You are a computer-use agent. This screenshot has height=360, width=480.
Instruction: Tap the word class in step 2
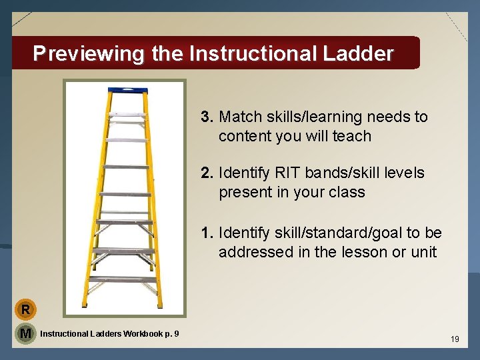tap(346, 193)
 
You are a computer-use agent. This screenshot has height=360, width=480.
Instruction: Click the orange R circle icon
tap(25, 310)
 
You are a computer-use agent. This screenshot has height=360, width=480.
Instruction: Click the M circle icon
tap(25, 333)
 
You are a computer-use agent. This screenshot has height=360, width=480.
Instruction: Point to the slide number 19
tap(455, 339)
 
